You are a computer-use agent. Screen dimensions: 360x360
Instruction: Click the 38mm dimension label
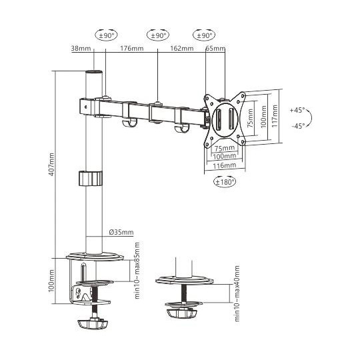coord(80,48)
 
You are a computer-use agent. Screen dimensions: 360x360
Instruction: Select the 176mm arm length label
coord(131,48)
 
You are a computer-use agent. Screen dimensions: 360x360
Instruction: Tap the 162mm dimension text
coord(182,48)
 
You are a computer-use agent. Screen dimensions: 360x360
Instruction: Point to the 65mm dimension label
coord(215,48)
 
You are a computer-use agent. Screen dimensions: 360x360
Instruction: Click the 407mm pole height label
coord(59,164)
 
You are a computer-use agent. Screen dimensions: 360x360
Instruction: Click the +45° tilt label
coord(298,110)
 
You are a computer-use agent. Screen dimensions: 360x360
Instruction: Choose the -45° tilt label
coord(298,125)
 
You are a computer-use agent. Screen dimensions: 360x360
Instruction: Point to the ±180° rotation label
coord(225,181)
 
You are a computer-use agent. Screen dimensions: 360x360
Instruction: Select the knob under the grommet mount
coord(181,311)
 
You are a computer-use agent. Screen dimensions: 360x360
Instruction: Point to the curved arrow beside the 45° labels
coord(316,117)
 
